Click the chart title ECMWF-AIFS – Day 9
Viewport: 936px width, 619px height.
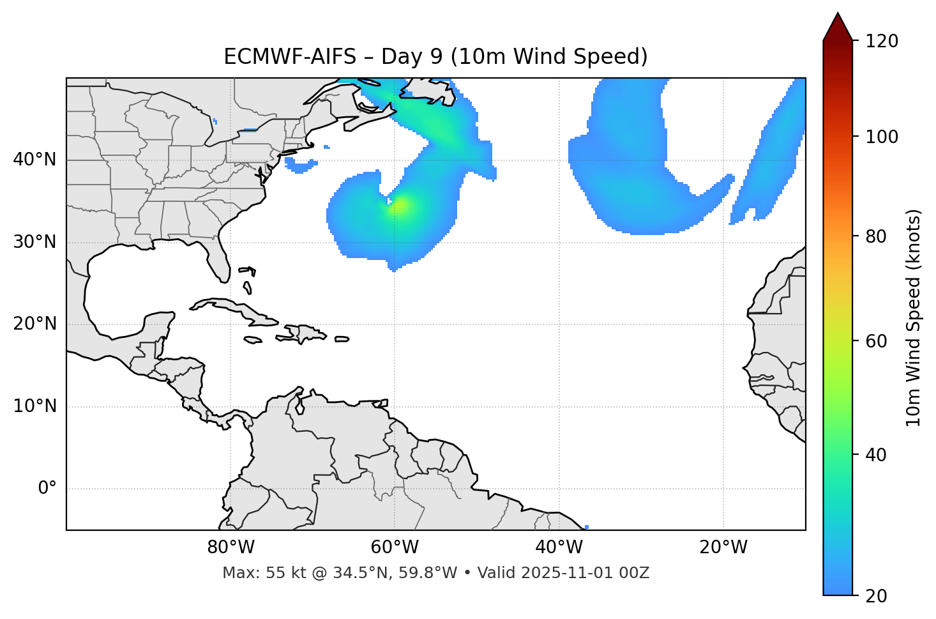[x=435, y=57]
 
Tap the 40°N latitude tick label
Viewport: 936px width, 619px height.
[x=34, y=160]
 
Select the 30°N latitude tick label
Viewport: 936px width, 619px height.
[x=34, y=242]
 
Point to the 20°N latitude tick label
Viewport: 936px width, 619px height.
[x=34, y=324]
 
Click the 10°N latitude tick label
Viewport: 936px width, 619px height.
[x=34, y=406]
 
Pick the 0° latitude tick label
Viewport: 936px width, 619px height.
[x=47, y=489]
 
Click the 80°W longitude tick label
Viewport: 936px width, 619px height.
[x=230, y=547]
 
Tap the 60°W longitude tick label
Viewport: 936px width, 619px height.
[x=395, y=547]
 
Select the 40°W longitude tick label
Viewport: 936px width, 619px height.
[x=559, y=547]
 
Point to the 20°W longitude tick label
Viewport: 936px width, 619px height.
[x=723, y=547]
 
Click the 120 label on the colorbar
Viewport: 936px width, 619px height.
[x=882, y=42]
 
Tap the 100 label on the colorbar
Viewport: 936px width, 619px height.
[x=882, y=137]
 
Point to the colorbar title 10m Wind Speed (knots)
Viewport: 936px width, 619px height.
[x=914, y=318]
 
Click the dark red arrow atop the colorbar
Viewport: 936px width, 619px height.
[x=838, y=27]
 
